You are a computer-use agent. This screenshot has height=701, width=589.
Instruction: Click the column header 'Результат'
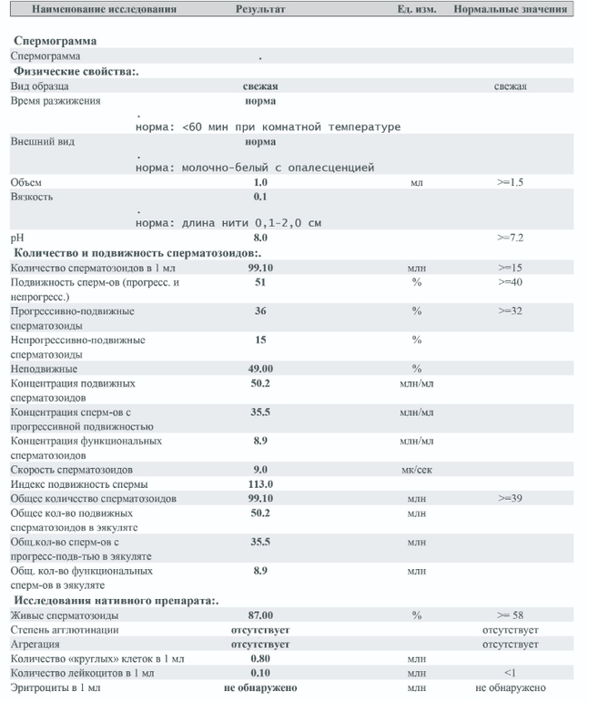pos(260,9)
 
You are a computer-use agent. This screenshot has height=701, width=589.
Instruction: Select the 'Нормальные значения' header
pos(511,9)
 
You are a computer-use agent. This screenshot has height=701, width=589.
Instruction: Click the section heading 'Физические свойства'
pos(75,71)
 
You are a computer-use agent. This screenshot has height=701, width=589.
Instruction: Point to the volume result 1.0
pos(260,182)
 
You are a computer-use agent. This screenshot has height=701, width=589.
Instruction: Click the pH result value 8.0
pos(260,238)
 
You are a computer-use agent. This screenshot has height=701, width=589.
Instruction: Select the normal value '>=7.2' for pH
pos(510,238)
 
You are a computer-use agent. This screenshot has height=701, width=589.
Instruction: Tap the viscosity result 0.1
pos(260,197)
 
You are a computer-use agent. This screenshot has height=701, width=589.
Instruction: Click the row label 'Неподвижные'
pos(44,369)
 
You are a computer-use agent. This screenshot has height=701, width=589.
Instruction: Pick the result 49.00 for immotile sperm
pos(260,369)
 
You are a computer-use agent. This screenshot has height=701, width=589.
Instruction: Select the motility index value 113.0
pos(260,484)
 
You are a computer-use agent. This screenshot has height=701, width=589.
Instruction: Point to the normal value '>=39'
pos(510,499)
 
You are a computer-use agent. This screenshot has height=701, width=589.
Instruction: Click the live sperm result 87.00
pos(260,615)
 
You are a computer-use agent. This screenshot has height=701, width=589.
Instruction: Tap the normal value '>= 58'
pos(510,615)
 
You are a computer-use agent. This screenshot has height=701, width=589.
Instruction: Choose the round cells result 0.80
pos(260,658)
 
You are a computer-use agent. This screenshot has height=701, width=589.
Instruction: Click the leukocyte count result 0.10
pos(260,673)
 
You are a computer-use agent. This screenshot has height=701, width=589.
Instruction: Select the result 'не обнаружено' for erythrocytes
pos(260,687)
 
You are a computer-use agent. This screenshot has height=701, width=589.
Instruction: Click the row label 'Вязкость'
pos(32,197)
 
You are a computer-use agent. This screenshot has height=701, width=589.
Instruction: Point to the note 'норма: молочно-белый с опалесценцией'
pos(254,168)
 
